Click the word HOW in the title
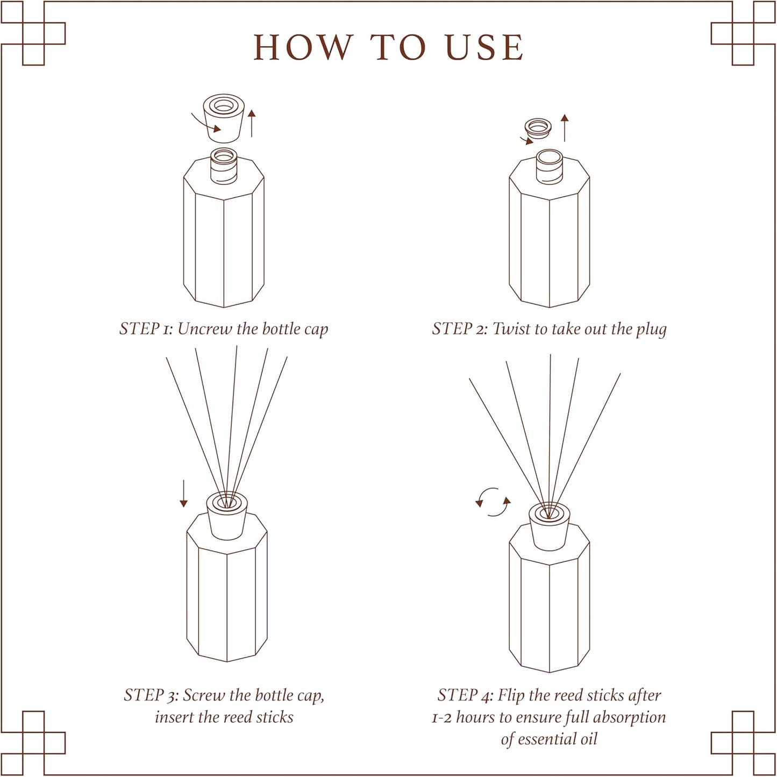pos(303,47)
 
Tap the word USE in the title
pos(484,47)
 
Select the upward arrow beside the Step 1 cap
pos(251,123)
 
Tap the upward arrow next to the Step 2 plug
pos(564,127)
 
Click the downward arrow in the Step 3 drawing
pos(184,494)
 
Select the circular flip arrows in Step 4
pos(493,502)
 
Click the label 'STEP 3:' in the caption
pos(151,695)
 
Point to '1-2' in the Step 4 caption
pos(441,718)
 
